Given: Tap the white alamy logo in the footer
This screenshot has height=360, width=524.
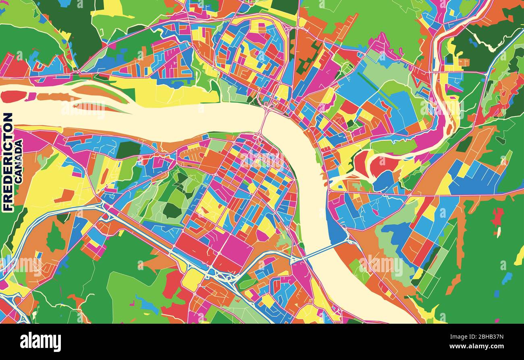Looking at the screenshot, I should tap(40, 342).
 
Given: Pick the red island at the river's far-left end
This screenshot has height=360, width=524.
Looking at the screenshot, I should tap(13, 96).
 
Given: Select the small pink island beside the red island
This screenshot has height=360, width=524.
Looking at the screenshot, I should tap(31, 96).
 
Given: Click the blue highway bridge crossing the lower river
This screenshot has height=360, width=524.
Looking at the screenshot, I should tap(324, 250).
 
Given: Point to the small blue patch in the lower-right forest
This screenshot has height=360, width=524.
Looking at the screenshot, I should tap(506, 278).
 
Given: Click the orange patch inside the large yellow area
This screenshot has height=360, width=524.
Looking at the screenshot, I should tap(64, 196).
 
